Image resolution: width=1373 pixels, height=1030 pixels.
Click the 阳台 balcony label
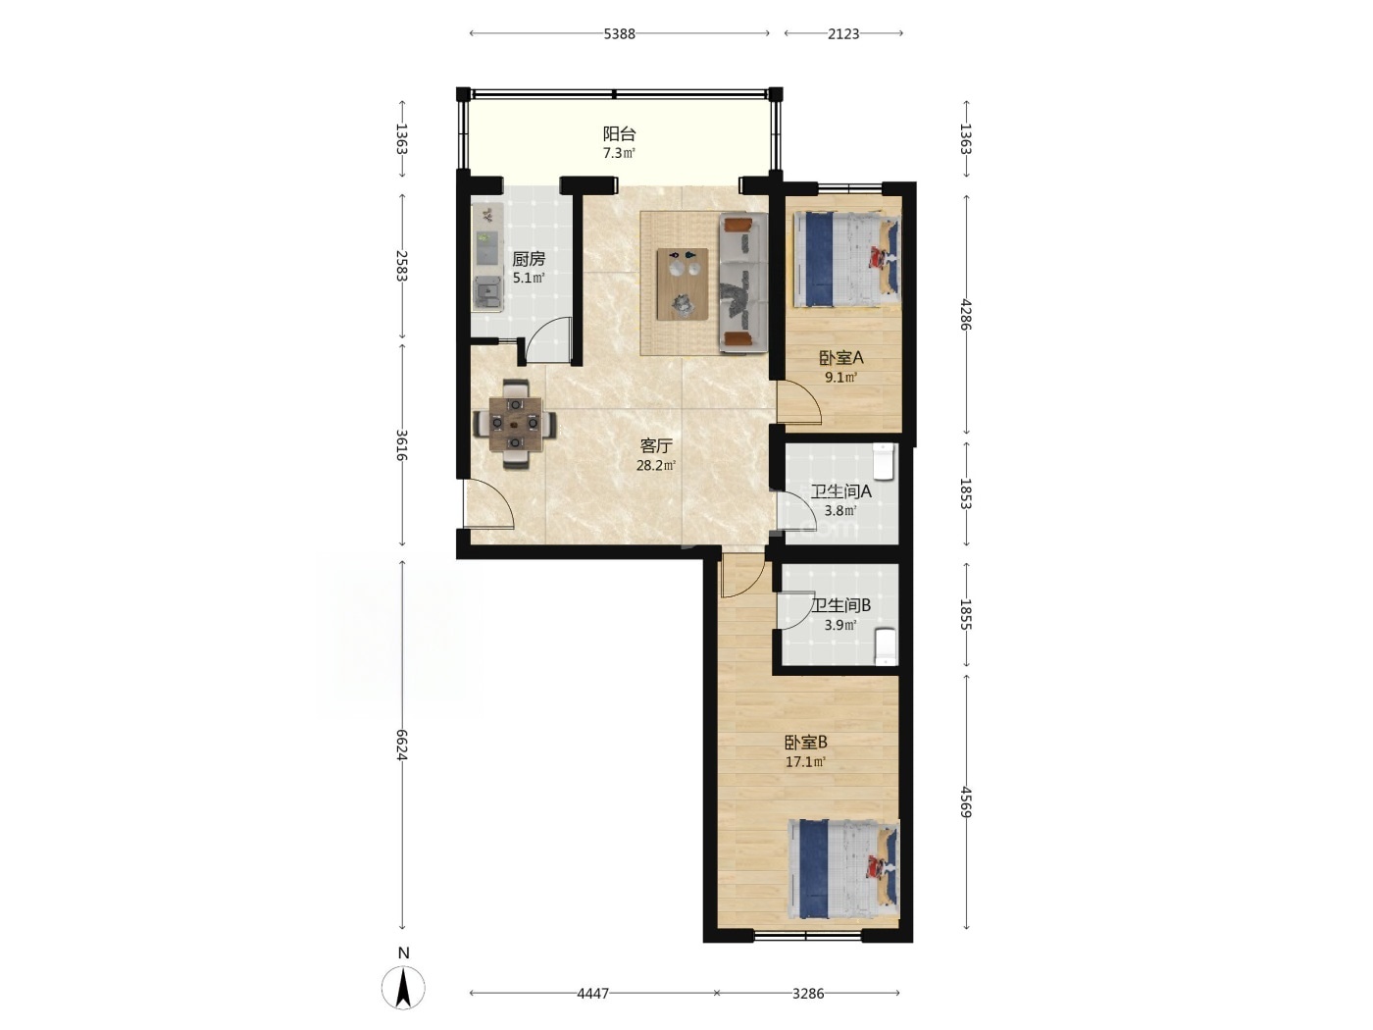(x=619, y=133)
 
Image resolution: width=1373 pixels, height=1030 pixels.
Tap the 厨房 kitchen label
(x=529, y=259)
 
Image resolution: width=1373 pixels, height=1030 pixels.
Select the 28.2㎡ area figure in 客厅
(x=655, y=465)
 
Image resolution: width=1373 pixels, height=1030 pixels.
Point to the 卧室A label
(x=840, y=358)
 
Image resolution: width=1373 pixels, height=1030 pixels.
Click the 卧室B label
(x=806, y=743)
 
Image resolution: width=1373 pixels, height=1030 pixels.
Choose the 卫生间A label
(x=840, y=491)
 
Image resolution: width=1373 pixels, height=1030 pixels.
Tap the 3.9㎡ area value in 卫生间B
(x=840, y=624)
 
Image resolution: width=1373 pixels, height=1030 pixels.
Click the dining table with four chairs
(x=514, y=424)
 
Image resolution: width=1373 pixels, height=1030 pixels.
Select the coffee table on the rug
(x=682, y=283)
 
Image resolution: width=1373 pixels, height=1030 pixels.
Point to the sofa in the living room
(x=743, y=283)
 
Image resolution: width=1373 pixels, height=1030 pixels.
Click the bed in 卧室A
(x=847, y=260)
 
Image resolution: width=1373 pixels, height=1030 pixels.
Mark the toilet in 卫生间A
(x=884, y=460)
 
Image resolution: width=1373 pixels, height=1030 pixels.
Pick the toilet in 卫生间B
(x=886, y=646)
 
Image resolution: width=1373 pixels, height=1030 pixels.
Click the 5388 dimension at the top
(x=619, y=33)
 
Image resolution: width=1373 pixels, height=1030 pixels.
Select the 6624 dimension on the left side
(x=401, y=745)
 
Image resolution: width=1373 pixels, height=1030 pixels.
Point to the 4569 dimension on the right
(x=966, y=801)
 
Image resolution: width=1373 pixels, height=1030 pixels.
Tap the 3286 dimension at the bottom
(x=808, y=993)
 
